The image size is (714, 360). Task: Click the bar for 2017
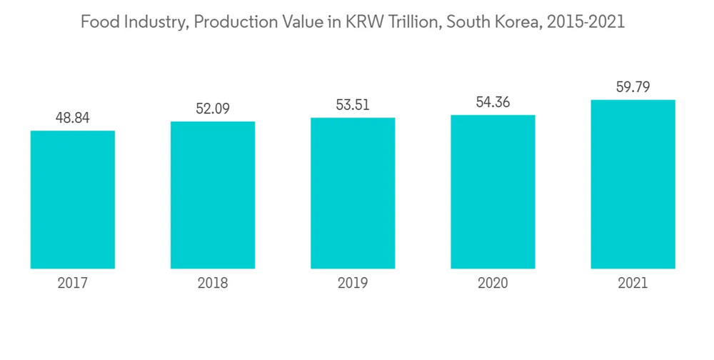point(72,199)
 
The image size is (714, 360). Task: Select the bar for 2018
point(212,195)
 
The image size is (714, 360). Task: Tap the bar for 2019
point(353,193)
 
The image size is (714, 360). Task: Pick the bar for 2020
point(493,191)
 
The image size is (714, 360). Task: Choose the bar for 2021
point(633,184)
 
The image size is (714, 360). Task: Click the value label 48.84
point(72,118)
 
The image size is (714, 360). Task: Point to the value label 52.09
point(212,109)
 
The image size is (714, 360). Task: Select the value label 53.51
point(353,105)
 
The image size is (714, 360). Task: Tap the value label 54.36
point(493,102)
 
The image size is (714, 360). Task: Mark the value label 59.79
point(633,87)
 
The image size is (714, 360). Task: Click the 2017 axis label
point(72,284)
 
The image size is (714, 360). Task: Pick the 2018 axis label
point(212,284)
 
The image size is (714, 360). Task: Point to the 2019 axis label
point(353,284)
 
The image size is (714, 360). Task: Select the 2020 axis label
point(493,284)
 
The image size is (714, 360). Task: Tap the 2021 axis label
point(633,284)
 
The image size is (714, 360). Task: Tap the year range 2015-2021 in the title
point(584,22)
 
